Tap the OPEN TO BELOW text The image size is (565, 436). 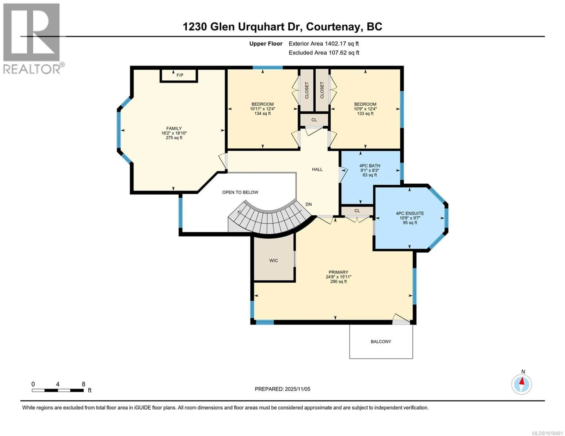point(240,192)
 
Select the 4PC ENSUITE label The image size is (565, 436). point(410,213)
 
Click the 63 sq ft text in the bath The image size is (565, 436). point(369,175)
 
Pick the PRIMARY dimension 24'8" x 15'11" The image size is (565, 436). point(338,277)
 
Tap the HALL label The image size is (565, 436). point(317,169)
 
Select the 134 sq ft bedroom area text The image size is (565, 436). point(263,113)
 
